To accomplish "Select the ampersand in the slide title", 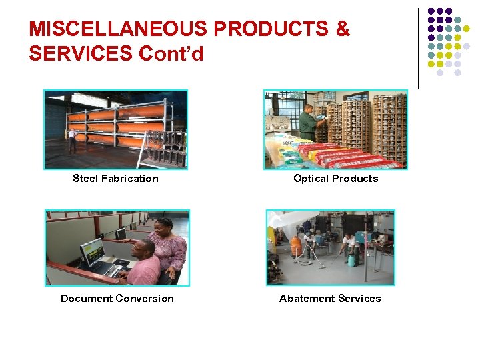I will pyautogui.click(x=343, y=29).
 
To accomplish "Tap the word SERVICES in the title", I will pyautogui.click(x=81, y=53).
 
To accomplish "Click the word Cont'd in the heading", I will pyautogui.click(x=171, y=53).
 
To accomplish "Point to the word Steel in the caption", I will pyautogui.click(x=85, y=179).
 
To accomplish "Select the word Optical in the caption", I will pyautogui.click(x=311, y=179).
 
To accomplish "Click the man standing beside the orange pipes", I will pyautogui.click(x=72, y=140).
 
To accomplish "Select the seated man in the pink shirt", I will pyautogui.click(x=145, y=263).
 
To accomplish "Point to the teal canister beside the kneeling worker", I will pyautogui.click(x=350, y=259).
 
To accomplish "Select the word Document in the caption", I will pyautogui.click(x=87, y=299).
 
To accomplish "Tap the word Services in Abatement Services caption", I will pyautogui.click(x=358, y=299).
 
